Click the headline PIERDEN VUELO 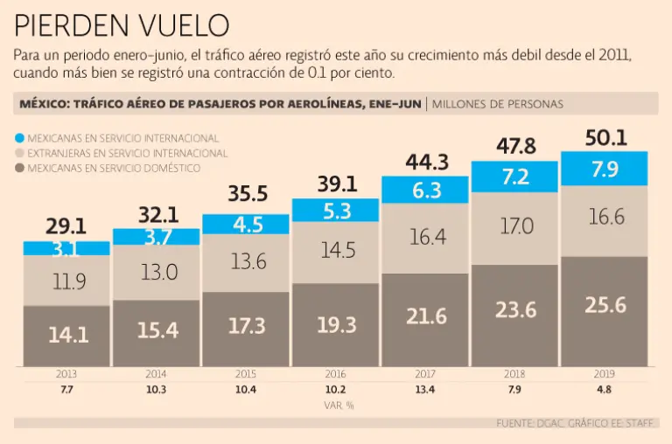tap(122, 24)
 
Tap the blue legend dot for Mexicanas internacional tap(20, 138)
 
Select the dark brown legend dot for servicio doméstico tap(20, 167)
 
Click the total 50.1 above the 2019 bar tap(605, 137)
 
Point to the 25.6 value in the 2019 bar tap(605, 306)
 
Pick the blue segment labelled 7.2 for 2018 tap(515, 176)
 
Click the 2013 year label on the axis tap(66, 373)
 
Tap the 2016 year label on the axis tap(336, 373)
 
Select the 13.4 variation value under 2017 tap(425, 389)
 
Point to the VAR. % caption tap(336, 405)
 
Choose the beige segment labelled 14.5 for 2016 tap(336, 250)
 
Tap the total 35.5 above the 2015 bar tap(246, 194)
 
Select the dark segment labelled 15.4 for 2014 tap(157, 330)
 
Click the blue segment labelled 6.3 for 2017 tap(425, 190)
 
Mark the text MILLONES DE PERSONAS tap(499, 104)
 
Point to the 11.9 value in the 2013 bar tap(66, 281)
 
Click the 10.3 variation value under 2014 tap(157, 389)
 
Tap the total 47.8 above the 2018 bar tap(515, 146)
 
